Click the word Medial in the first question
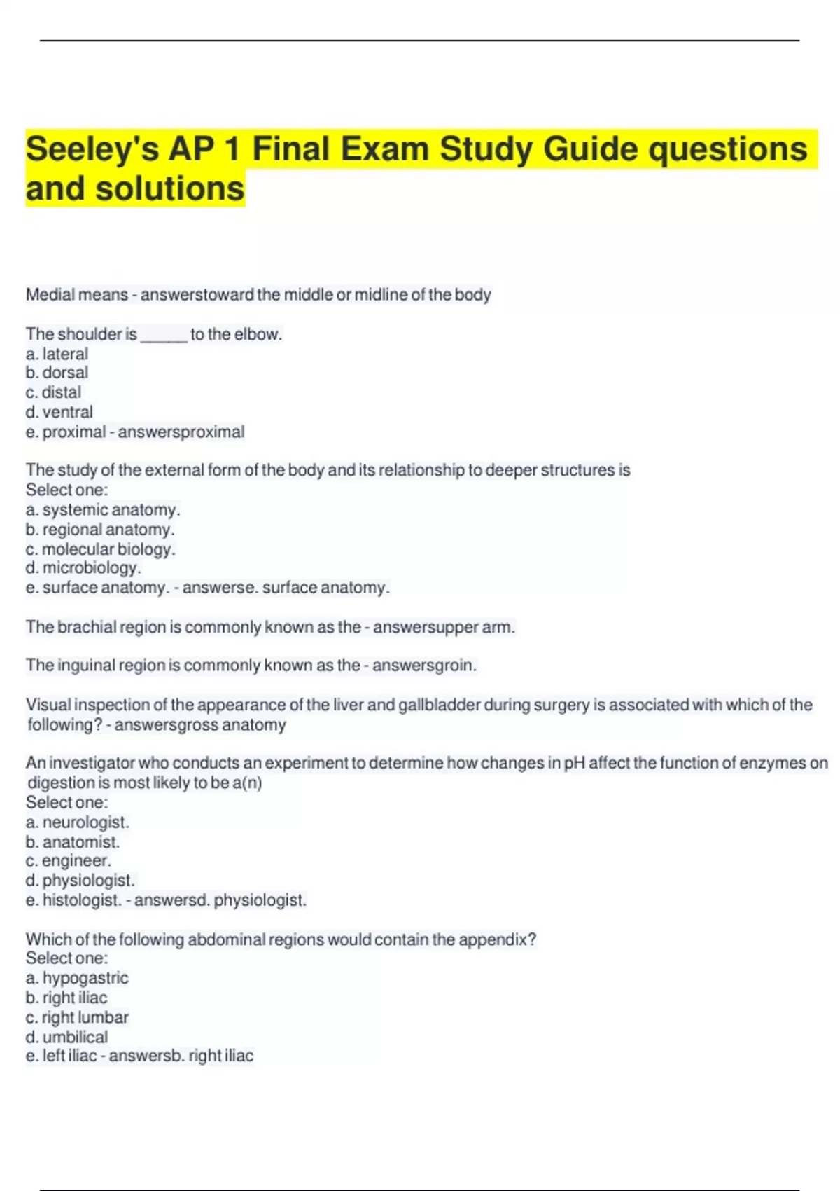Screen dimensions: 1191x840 50,295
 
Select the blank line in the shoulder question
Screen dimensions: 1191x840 164,336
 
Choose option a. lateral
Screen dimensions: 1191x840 57,354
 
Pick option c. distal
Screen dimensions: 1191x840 53,392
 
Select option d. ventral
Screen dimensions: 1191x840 59,412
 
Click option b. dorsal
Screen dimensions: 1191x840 57,373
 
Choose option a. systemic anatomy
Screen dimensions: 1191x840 103,510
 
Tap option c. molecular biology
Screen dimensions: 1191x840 101,549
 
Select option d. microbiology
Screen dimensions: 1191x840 83,568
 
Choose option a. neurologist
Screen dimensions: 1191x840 78,822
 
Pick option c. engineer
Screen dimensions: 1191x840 69,861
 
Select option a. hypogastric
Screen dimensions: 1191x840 77,978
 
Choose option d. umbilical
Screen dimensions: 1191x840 66,1037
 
